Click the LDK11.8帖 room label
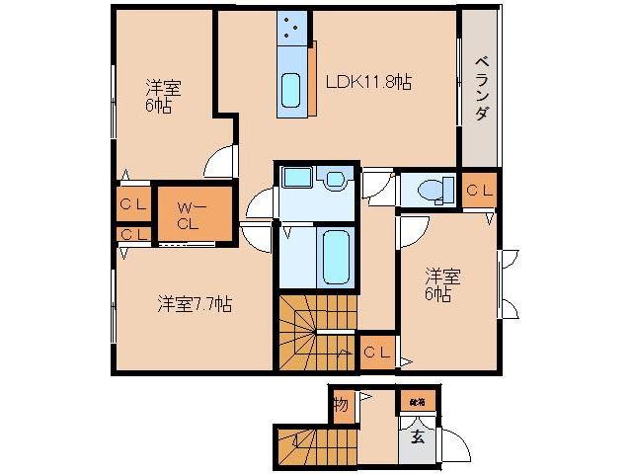coord(367,83)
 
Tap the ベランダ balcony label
coord(480,89)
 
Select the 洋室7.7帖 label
coord(195,303)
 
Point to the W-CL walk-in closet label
coord(189,214)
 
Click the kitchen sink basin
coord(291,91)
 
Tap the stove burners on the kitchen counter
coord(293,29)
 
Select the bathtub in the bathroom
coord(336,257)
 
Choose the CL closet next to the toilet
coord(480,190)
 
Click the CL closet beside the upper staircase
coord(376,352)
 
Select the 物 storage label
coord(341,405)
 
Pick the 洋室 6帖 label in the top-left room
coord(159,97)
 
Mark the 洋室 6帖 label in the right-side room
coord(437,284)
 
